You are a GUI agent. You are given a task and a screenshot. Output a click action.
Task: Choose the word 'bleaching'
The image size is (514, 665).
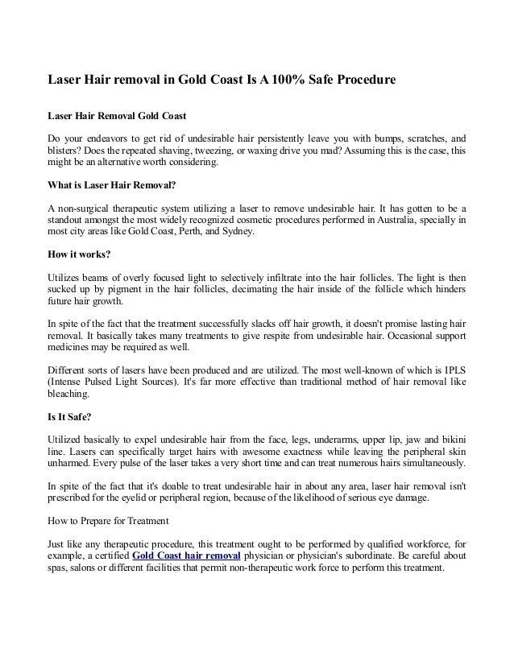coord(72,395)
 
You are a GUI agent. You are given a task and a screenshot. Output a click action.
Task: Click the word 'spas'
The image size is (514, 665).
coord(60,568)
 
